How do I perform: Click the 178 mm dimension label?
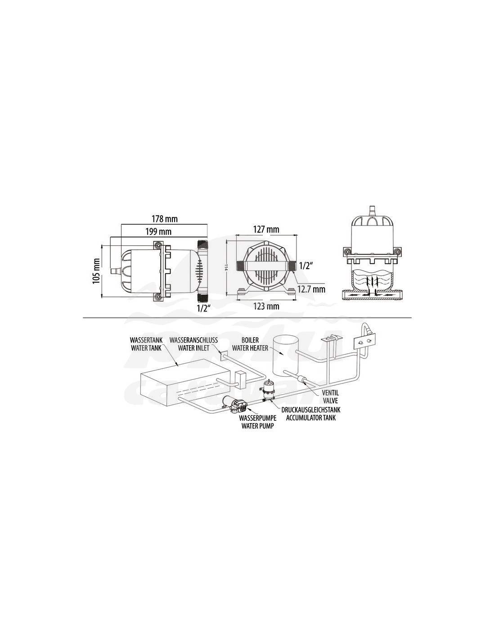(165, 219)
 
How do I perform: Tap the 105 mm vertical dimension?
(96, 271)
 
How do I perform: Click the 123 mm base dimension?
(266, 306)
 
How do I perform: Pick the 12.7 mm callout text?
(311, 289)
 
